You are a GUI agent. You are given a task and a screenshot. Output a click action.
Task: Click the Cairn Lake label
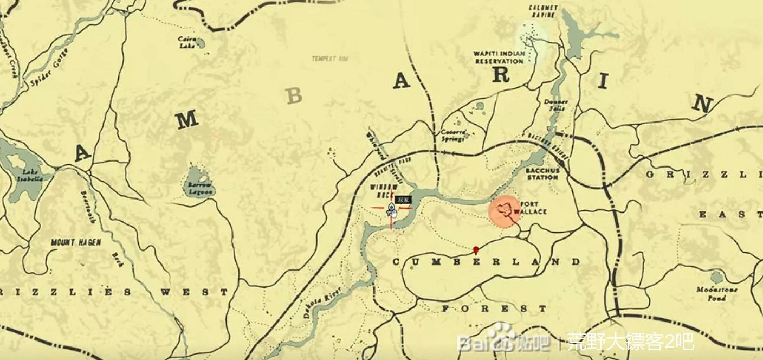pos(187,42)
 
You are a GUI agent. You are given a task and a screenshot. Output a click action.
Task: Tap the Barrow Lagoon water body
pos(196,177)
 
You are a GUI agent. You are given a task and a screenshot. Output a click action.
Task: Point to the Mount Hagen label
pos(76,242)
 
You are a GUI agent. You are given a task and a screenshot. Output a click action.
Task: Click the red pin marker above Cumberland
pos(475,250)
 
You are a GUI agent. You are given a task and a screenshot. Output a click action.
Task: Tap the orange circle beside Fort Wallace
pos(505,210)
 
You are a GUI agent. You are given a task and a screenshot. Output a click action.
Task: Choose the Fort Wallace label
pos(533,208)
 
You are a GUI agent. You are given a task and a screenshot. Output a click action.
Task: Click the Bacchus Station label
pos(542,173)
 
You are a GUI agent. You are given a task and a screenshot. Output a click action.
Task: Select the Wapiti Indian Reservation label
pos(499,57)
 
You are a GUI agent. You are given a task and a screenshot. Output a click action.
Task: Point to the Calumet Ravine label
pos(543,11)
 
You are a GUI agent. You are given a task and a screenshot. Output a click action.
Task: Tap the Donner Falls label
pos(556,105)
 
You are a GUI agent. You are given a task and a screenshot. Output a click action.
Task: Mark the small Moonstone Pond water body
pos(716,278)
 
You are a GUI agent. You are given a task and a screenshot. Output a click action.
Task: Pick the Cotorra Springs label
pos(452,135)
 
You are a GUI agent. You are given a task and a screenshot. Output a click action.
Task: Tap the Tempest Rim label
pos(329,59)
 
